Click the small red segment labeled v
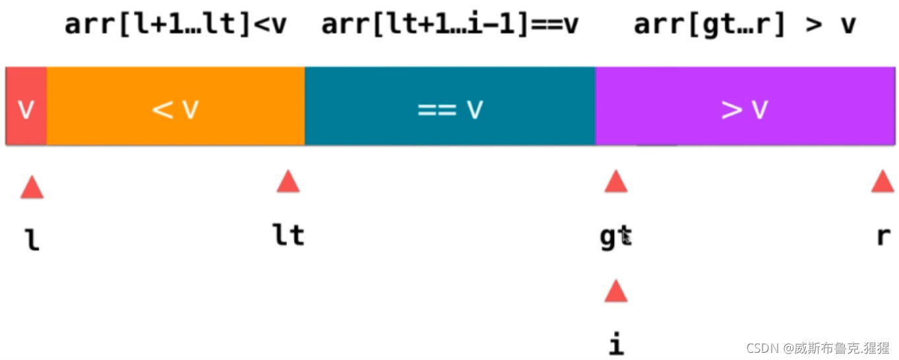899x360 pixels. point(26,106)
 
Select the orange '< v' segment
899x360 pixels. point(175,106)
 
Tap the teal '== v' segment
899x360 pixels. point(450,106)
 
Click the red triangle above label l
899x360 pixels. point(32,188)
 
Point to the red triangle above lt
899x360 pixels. point(288,182)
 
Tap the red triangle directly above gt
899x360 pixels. point(615,182)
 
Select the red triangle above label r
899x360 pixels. point(883,182)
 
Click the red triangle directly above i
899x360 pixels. point(615,291)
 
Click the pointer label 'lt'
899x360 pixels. point(289,235)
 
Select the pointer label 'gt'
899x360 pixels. point(615,237)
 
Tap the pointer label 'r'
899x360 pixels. point(883,236)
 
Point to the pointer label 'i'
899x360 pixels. point(615,343)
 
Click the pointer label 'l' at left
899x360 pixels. point(32,238)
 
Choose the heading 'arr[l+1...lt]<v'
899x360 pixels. point(175,25)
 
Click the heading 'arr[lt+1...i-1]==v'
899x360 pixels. point(450,25)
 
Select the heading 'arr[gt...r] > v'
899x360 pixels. point(745,25)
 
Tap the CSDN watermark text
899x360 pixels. point(818,347)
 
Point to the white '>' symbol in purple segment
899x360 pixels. point(731,109)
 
